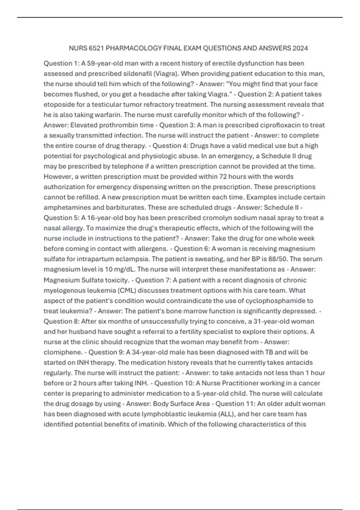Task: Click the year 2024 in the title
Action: [300, 48]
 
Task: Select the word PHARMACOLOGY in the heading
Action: [134, 48]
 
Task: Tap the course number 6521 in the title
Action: [96, 48]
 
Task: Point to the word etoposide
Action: [58, 104]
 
